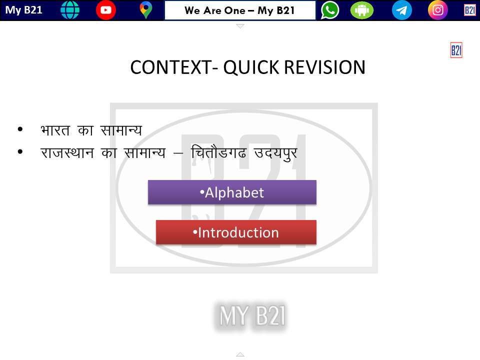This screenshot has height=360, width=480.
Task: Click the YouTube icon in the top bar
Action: click(x=106, y=10)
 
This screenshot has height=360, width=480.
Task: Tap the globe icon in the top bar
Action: click(x=70, y=10)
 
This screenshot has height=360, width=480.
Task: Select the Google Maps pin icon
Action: click(x=146, y=10)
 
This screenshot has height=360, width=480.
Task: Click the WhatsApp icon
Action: click(x=330, y=10)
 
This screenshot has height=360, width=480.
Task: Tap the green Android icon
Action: click(x=362, y=10)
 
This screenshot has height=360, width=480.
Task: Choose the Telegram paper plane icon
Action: click(x=402, y=10)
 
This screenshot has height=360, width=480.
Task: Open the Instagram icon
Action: click(x=438, y=10)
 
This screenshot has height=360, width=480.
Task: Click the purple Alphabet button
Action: click(x=232, y=192)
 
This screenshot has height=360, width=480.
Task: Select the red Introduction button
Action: click(x=236, y=232)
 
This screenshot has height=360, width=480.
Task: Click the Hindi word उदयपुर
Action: click(x=276, y=153)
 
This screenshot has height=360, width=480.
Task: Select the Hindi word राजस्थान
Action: click(x=67, y=153)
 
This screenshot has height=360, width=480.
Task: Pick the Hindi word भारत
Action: click(x=55, y=130)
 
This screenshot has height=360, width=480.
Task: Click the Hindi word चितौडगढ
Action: click(x=218, y=152)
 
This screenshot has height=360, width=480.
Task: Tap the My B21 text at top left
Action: click(x=23, y=10)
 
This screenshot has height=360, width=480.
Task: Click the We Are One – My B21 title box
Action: click(x=240, y=10)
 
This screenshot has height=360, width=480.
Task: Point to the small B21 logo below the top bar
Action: click(x=456, y=50)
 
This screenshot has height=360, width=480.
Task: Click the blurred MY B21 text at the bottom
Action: click(x=252, y=315)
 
